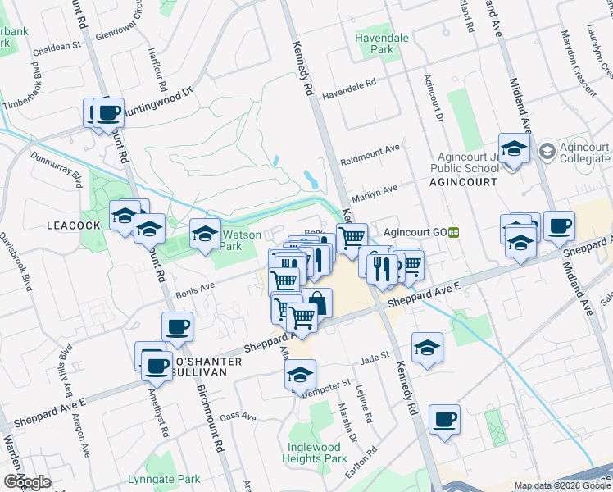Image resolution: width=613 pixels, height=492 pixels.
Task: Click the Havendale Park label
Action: [x=375, y=43]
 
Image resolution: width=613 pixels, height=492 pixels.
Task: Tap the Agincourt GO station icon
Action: [x=452, y=232]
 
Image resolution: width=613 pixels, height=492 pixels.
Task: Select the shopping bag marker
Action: [x=317, y=303]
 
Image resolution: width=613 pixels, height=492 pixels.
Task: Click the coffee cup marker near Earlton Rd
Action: [x=444, y=420]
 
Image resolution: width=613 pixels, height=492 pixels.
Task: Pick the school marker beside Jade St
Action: [x=427, y=348]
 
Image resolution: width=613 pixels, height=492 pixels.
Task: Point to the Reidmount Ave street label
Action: [x=370, y=153]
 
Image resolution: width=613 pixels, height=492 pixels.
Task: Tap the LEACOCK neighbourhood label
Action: [x=73, y=225]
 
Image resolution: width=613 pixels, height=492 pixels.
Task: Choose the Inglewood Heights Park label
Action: [x=314, y=453]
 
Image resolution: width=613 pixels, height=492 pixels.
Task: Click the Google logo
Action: [x=27, y=481]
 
